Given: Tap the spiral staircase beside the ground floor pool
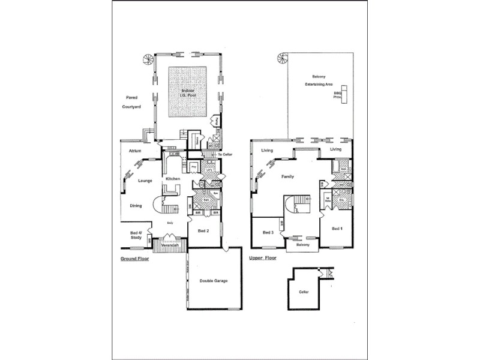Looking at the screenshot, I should tap(147, 59).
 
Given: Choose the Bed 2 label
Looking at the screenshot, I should tap(203, 230).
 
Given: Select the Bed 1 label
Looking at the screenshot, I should tap(337, 229).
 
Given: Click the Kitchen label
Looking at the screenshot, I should tap(173, 179).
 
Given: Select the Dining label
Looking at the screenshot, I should tap(136, 206).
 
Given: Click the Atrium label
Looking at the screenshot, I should tap(135, 151).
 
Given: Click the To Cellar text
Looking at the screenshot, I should tap(224, 155).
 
